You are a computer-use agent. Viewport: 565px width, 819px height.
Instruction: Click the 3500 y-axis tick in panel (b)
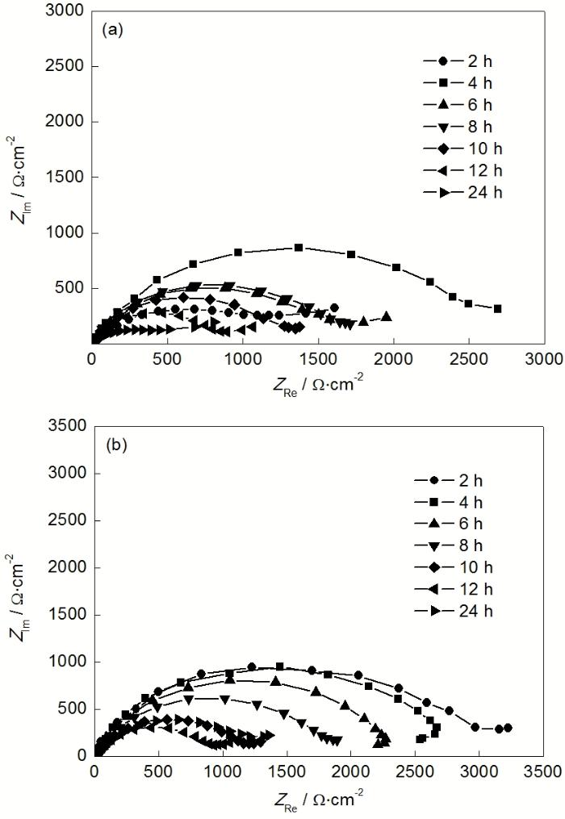tap(65, 426)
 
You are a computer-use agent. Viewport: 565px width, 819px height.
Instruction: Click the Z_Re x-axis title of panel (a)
tap(317, 382)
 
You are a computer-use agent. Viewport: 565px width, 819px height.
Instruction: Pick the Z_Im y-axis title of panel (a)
tap(22, 177)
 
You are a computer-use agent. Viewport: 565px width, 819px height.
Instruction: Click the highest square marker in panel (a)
tap(299, 248)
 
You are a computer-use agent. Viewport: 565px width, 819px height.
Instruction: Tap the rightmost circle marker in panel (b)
tap(508, 728)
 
